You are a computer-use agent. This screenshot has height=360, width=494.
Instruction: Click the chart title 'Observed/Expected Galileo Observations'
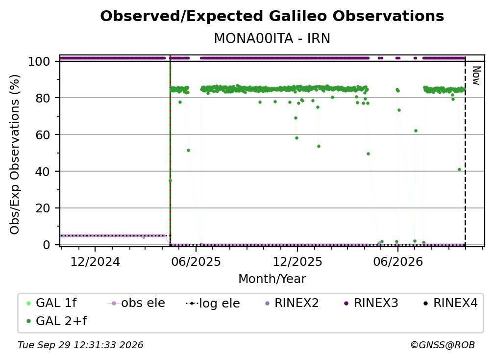pos(272,16)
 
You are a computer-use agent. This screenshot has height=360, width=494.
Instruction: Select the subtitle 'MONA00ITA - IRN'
pos(272,38)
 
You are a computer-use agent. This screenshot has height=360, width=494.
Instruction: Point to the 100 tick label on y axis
pos(39,61)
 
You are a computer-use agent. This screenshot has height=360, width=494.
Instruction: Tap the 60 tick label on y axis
pos(43,134)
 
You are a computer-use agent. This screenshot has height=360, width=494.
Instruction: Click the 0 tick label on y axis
pos(47,245)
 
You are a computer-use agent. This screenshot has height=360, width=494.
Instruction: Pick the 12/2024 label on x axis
pos(95,261)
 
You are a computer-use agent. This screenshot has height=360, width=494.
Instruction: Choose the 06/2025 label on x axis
pos(196,261)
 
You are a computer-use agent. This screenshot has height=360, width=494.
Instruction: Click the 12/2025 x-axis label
pos(297,261)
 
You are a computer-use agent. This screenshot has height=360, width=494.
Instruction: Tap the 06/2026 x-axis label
pos(398,261)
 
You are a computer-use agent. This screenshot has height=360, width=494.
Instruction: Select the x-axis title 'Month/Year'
pos(272,279)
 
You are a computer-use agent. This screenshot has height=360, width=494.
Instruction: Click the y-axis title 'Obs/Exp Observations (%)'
pos(15,154)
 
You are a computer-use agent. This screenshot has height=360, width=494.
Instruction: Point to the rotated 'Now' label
pos(476,76)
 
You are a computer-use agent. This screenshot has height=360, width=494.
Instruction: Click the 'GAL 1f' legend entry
pos(51,303)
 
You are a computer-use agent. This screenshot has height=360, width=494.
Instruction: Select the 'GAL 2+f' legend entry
pos(57,321)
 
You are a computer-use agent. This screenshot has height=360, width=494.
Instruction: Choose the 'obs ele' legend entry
pos(136,303)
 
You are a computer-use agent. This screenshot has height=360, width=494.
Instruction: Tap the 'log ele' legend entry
pos(213,303)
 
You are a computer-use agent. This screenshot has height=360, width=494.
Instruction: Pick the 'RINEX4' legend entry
pos(450,303)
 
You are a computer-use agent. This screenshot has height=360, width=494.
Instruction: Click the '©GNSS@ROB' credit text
pos(443,345)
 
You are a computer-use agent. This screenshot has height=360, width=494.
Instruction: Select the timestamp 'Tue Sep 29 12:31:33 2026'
pos(80,345)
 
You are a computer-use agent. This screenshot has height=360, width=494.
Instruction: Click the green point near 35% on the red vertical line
pos(170,180)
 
